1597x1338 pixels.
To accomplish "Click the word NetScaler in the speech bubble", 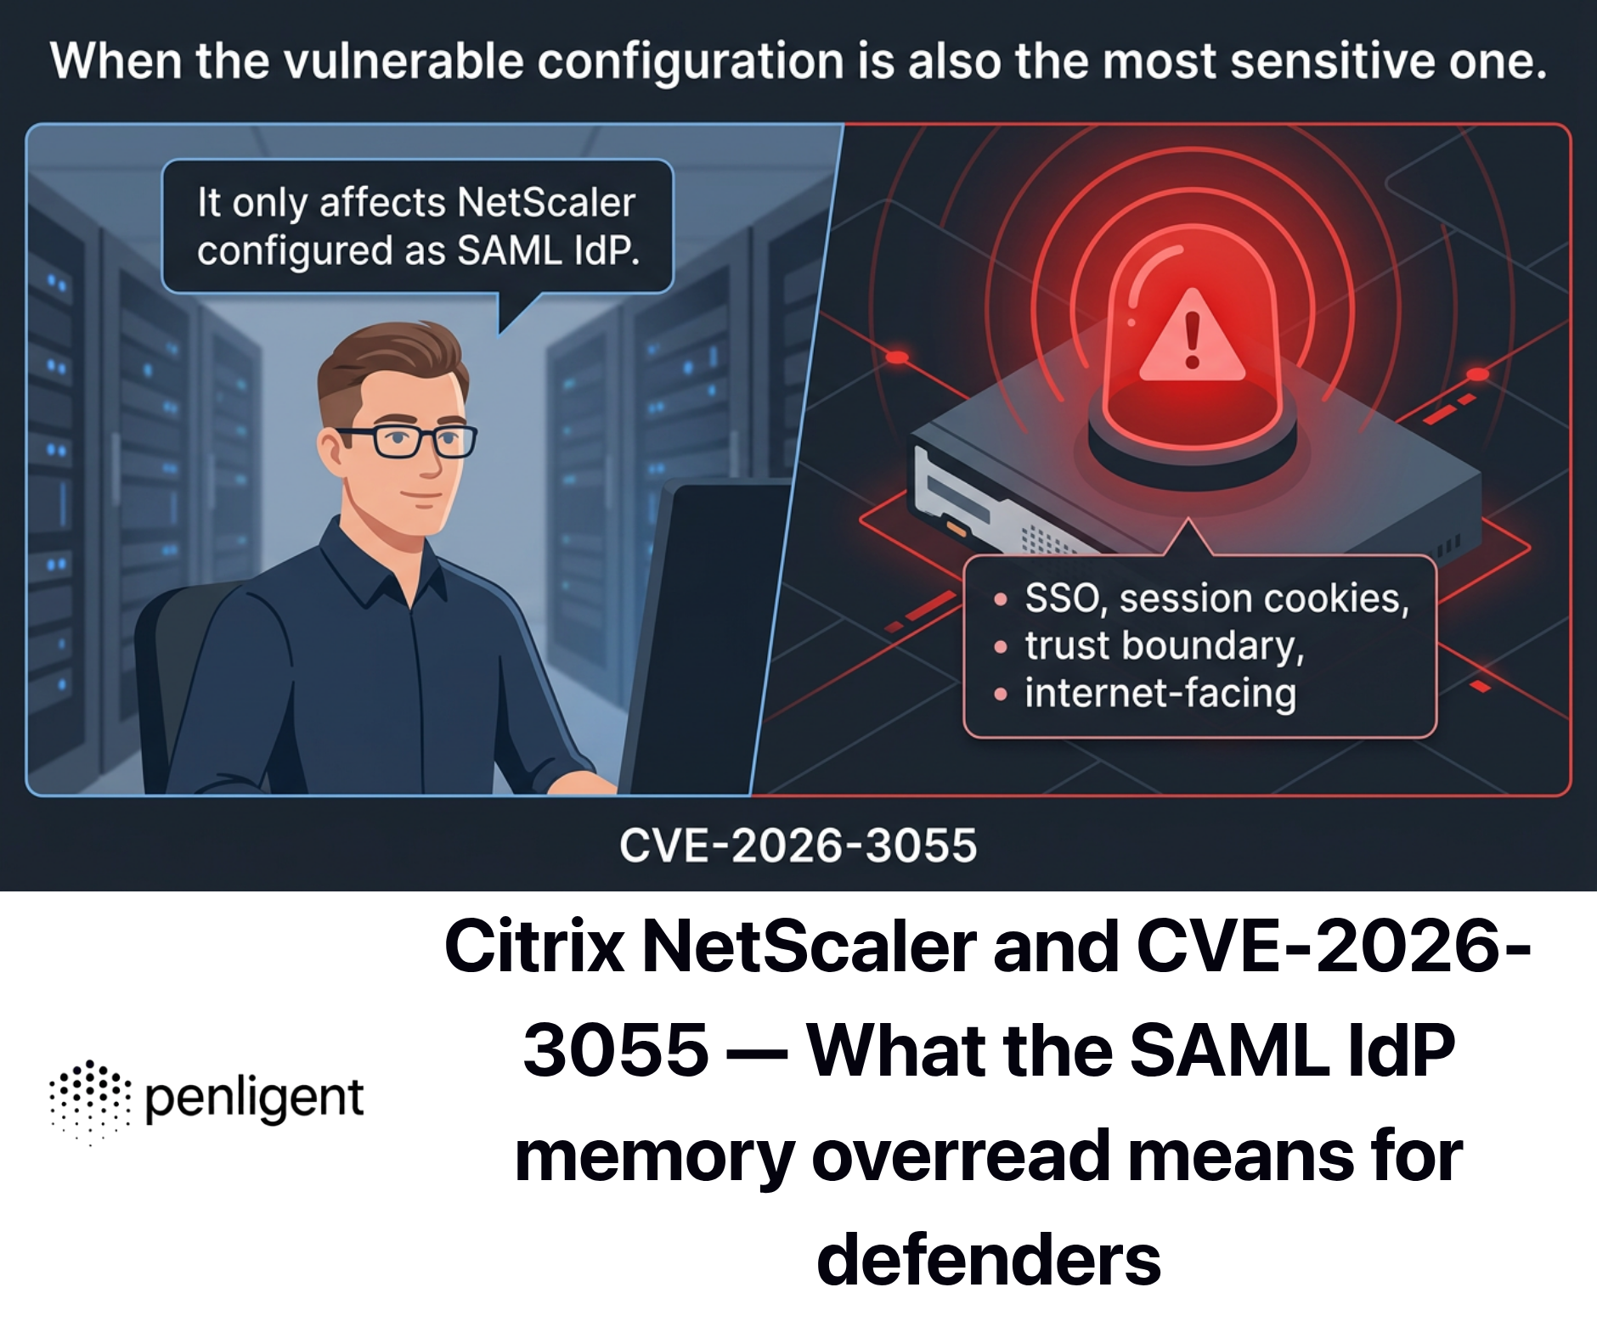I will (x=545, y=203).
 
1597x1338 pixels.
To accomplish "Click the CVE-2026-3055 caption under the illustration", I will (x=798, y=846).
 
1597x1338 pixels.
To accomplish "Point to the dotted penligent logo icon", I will (x=90, y=1100).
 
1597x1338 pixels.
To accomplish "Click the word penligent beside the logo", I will (x=254, y=1099).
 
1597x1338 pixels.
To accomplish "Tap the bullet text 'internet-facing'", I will (x=1160, y=693).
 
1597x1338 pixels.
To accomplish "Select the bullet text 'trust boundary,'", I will (x=1164, y=645).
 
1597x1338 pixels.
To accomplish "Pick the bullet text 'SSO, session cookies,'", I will (x=1216, y=599).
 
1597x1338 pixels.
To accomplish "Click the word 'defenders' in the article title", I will (x=988, y=1260).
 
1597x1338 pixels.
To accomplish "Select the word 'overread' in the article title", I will (x=960, y=1155).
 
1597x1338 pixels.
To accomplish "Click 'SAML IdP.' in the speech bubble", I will (x=548, y=251).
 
